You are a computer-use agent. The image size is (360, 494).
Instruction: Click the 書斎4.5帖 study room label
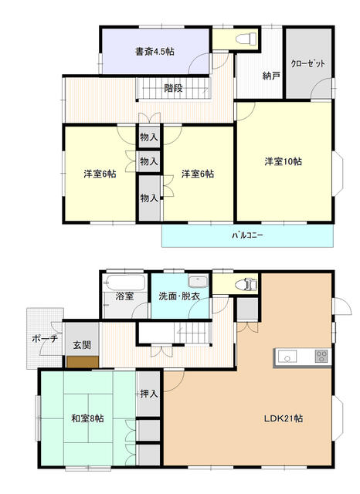(155, 52)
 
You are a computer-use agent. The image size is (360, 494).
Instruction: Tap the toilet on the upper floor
(246, 39)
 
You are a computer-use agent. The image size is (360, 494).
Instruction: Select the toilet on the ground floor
(247, 285)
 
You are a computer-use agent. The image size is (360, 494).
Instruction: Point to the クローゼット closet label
(307, 63)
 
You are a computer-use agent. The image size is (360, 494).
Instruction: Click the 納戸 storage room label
(271, 76)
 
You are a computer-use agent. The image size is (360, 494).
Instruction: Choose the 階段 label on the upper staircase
(173, 88)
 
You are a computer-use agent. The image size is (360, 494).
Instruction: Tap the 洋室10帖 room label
(283, 161)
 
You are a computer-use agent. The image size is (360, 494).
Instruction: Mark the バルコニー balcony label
(247, 235)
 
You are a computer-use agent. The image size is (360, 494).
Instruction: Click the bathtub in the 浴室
(125, 283)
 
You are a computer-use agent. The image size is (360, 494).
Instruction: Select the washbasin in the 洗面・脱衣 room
(198, 281)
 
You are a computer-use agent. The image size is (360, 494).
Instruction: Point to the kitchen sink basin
(287, 357)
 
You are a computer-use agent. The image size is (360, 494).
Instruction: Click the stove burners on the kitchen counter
(322, 357)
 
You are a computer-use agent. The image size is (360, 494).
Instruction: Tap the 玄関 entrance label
(82, 345)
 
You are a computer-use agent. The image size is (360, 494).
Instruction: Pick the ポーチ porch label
(45, 339)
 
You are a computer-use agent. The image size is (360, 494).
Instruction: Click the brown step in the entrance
(83, 362)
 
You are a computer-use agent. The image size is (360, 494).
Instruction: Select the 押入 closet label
(149, 394)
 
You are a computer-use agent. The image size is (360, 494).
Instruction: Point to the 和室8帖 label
(87, 418)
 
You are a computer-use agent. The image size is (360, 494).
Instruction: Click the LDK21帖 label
(284, 418)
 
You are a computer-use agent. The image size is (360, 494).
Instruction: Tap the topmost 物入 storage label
(149, 137)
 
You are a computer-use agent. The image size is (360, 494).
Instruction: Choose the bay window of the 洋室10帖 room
(338, 174)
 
